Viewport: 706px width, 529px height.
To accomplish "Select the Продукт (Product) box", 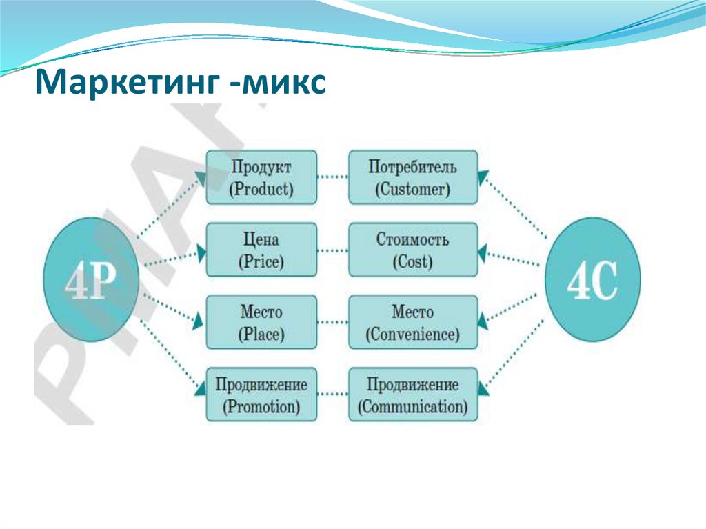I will [262, 177].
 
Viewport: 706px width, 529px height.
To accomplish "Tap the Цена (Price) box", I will [262, 250].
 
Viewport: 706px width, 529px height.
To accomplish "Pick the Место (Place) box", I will [262, 322].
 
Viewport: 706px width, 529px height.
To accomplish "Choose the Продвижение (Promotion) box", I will [262, 395].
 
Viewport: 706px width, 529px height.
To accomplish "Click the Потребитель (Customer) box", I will [412, 177].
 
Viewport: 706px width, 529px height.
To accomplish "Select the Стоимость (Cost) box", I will [412, 250].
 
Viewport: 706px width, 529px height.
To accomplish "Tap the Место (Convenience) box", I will [412, 322].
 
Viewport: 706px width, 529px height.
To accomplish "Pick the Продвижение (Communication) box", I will [412, 395].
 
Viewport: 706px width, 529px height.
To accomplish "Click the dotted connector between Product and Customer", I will [333, 177].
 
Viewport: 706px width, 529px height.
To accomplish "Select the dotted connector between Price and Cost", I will [333, 250].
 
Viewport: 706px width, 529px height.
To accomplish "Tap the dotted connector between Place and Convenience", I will [333, 322].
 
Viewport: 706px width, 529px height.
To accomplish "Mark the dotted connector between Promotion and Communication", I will [333, 395].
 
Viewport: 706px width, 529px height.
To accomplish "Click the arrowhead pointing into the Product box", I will [201, 177].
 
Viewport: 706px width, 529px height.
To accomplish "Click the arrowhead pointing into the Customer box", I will [483, 175].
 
